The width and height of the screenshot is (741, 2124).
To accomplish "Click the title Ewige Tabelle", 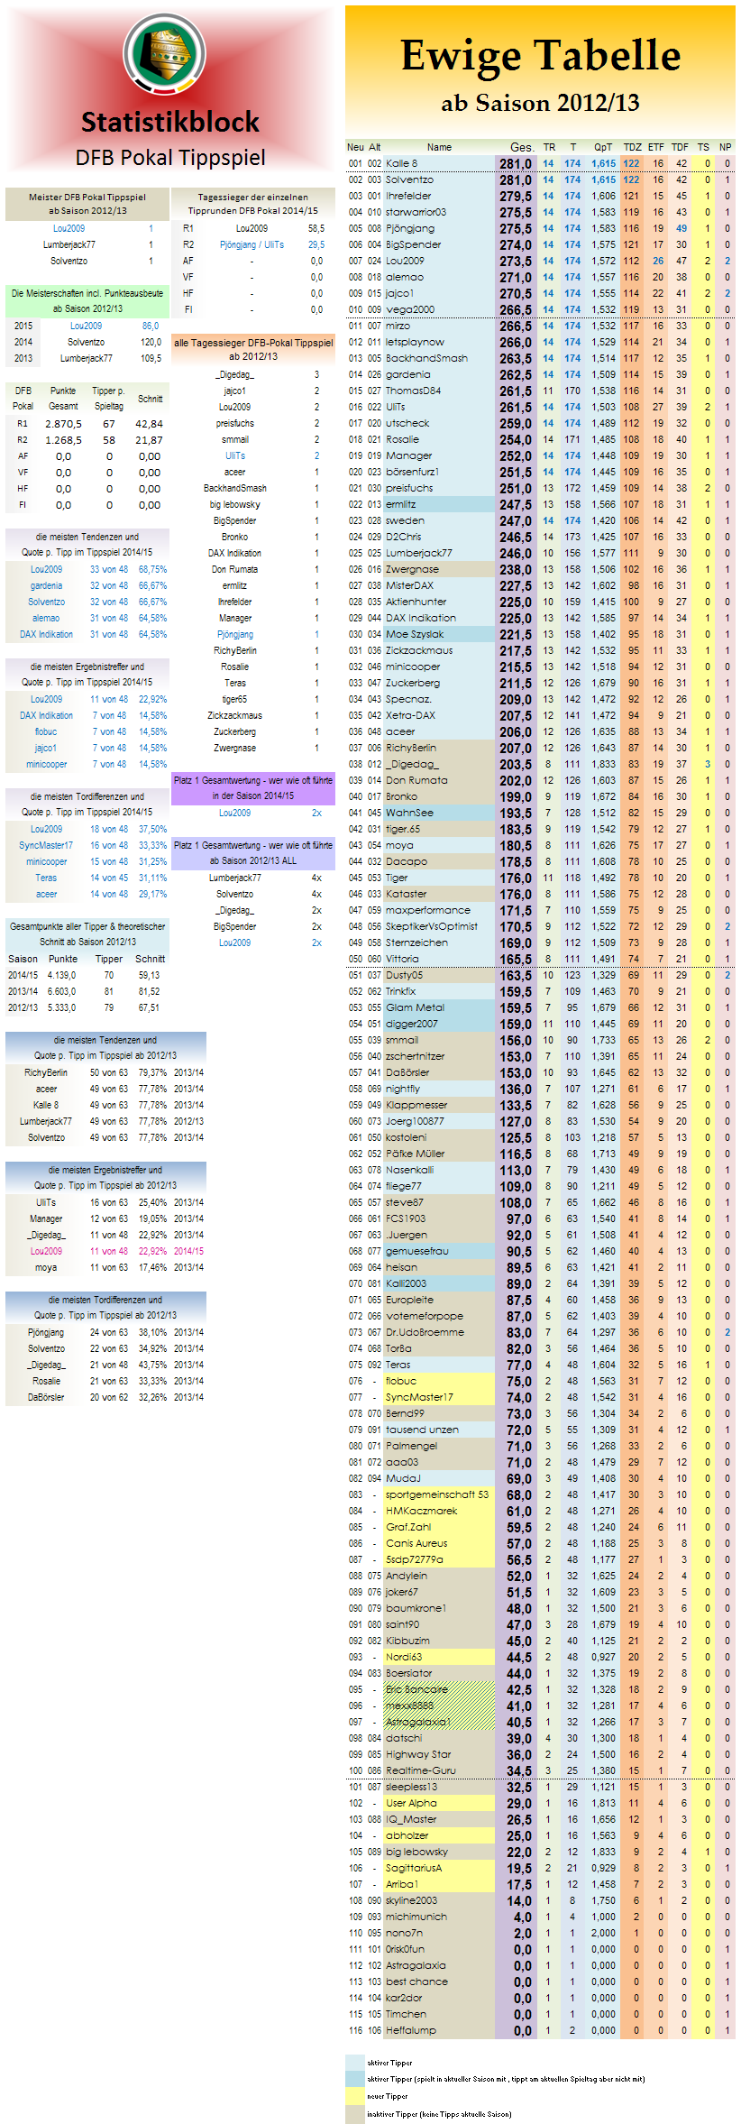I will pos(540,56).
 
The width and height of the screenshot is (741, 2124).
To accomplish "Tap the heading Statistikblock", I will pos(169,122).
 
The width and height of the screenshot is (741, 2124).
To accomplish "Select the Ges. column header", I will pos(521,147).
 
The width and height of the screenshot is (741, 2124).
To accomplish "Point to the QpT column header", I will pos(602,147).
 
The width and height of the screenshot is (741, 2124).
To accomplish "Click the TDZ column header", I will pos(633,147).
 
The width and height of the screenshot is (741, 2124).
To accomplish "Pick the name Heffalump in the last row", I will pos(411,2030).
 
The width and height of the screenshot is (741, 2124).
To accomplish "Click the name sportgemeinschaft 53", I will pos(437,1494).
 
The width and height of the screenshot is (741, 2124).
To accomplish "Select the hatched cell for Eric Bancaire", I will pos(440,1689).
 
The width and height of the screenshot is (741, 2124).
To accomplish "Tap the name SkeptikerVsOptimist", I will pos(432,926).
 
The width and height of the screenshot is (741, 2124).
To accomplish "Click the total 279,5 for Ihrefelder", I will pos(516,197).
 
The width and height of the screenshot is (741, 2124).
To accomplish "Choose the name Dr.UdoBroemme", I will pos(425,1332).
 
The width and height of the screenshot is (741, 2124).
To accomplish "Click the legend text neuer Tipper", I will pos(388,2096).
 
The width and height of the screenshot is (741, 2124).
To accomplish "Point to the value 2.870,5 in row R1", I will pos(63,424).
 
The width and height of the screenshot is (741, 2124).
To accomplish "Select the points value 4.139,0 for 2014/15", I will pos(61,975).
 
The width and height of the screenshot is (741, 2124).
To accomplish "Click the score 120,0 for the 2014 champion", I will pos(151,343).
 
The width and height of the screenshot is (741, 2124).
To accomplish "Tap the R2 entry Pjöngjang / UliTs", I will pos(252,245).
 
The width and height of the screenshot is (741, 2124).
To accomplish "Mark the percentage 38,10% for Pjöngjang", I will pos(152,1332).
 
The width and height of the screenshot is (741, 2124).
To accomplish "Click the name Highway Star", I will pos(418,1754).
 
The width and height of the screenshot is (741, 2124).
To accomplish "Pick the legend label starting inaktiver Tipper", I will pos(439,2114).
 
